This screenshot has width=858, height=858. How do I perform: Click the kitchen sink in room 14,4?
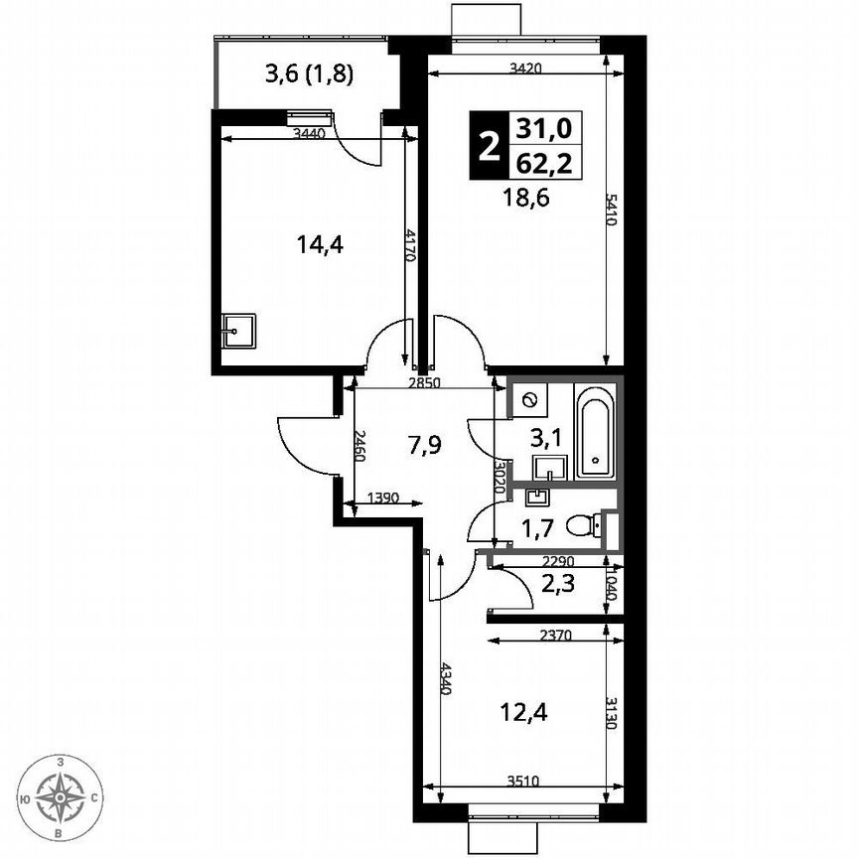point(238,331)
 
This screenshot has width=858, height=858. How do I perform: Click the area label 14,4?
point(321,243)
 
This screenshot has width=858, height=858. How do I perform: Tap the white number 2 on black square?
point(488,146)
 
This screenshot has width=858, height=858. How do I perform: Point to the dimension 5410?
point(612,209)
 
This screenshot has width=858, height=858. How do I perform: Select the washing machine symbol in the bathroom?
point(528,400)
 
